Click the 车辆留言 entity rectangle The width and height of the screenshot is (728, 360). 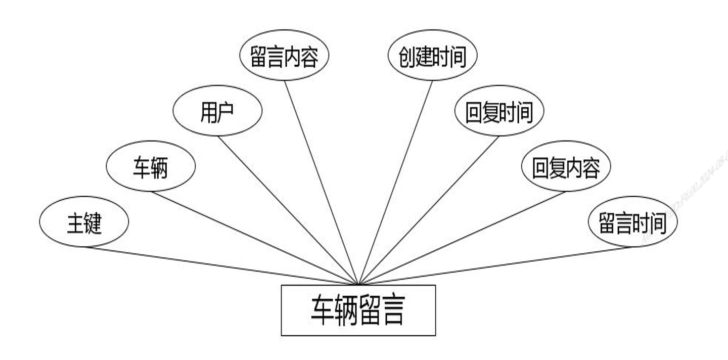point(358,310)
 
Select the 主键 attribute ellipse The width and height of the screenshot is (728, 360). point(84,221)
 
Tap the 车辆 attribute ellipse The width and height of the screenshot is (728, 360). point(151,166)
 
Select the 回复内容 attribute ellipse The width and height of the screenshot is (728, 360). point(566,166)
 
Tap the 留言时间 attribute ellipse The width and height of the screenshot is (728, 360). point(632,221)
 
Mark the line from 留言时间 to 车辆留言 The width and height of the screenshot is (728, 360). point(495,265)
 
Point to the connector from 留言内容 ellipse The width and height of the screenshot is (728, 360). point(321,182)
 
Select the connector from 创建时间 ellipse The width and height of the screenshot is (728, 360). point(395,182)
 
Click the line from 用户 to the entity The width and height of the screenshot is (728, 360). point(288,210)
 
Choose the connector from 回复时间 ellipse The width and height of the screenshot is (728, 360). point(429,210)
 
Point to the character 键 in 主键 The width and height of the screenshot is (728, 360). point(93,222)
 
